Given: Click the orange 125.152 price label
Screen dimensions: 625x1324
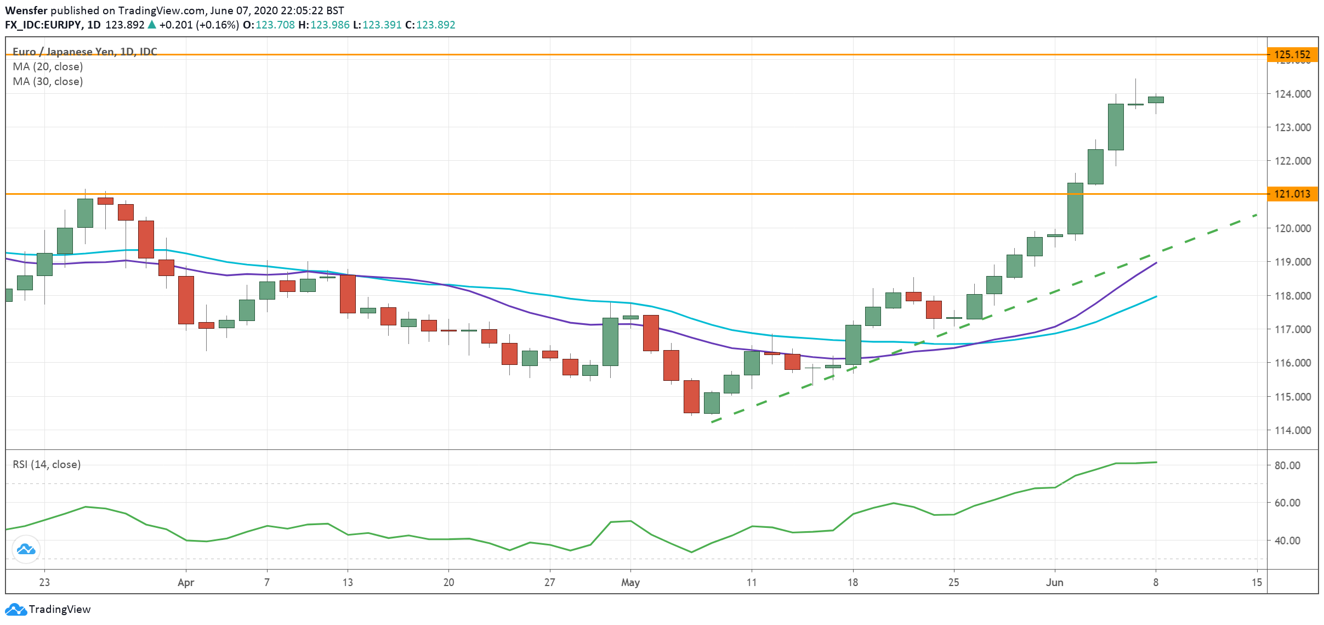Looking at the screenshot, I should pyautogui.click(x=1292, y=54).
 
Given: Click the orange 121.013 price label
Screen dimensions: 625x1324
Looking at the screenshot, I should pyautogui.click(x=1292, y=194).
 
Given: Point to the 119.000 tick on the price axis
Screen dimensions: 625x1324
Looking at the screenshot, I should pyautogui.click(x=1292, y=262).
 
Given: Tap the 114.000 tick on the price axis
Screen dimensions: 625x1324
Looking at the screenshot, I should pyautogui.click(x=1292, y=430).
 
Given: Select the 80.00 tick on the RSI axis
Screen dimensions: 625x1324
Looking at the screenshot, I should pyautogui.click(x=1287, y=465).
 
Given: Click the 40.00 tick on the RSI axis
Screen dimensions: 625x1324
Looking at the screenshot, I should pyautogui.click(x=1287, y=540).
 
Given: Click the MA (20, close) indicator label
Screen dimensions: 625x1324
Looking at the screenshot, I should pyautogui.click(x=48, y=66).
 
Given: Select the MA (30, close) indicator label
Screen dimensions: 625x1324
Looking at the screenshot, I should pyautogui.click(x=48, y=81).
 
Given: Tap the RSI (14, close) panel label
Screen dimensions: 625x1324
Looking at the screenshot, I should pyautogui.click(x=47, y=464).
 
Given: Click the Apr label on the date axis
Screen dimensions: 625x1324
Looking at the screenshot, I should pyautogui.click(x=186, y=582).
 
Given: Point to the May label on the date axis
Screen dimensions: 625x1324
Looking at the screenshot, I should pyautogui.click(x=630, y=582).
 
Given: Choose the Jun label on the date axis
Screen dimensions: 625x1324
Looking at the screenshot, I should pyautogui.click(x=1054, y=582).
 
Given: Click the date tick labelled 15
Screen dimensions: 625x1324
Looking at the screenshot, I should pyautogui.click(x=1257, y=582).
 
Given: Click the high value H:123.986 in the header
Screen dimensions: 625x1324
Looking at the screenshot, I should pyautogui.click(x=324, y=25).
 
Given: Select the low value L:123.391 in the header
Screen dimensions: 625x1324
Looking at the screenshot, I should pyautogui.click(x=377, y=25).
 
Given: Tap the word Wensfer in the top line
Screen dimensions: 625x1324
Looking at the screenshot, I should pyautogui.click(x=26, y=10).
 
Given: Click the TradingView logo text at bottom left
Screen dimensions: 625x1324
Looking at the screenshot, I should pyautogui.click(x=59, y=609).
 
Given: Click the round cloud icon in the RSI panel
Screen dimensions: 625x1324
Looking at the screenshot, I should pyautogui.click(x=26, y=549).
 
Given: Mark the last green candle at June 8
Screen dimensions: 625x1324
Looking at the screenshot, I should pyautogui.click(x=1156, y=100).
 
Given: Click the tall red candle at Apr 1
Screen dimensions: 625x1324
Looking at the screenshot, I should pyautogui.click(x=186, y=300).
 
